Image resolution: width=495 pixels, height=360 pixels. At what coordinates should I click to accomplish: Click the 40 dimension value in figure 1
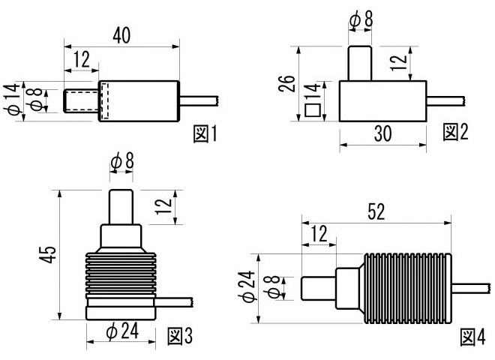121,35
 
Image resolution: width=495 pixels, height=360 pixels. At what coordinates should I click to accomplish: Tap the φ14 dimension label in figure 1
12,99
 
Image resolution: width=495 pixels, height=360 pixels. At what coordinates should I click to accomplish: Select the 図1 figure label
205,133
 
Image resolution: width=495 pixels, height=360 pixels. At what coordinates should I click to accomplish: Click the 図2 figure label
455,132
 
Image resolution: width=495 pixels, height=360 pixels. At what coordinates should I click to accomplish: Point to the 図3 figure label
180,336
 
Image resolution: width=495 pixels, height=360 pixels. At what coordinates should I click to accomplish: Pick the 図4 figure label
473,337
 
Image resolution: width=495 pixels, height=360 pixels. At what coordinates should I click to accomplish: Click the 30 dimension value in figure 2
383,133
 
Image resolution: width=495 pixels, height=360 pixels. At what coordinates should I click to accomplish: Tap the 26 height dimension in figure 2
286,84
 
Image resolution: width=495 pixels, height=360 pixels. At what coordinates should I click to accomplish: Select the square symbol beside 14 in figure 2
313,110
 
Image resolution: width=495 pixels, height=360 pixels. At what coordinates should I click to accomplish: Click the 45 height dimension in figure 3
48,254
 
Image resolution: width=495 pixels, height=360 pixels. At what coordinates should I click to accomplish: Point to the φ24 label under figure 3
122,331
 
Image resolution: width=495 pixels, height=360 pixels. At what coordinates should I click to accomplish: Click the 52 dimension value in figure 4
376,212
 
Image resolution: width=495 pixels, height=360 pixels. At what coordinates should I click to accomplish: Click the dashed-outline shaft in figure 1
81,101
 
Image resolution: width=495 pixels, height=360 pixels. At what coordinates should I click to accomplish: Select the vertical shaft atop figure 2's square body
360,63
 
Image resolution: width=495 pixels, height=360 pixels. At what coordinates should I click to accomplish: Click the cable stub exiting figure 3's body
174,302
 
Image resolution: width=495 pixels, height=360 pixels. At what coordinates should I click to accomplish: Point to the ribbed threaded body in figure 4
408,288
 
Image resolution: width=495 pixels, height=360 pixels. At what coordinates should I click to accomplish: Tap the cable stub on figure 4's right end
472,288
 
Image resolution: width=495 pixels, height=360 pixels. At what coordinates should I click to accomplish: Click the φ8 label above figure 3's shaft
122,160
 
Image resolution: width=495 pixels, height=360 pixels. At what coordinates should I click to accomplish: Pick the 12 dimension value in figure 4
319,234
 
